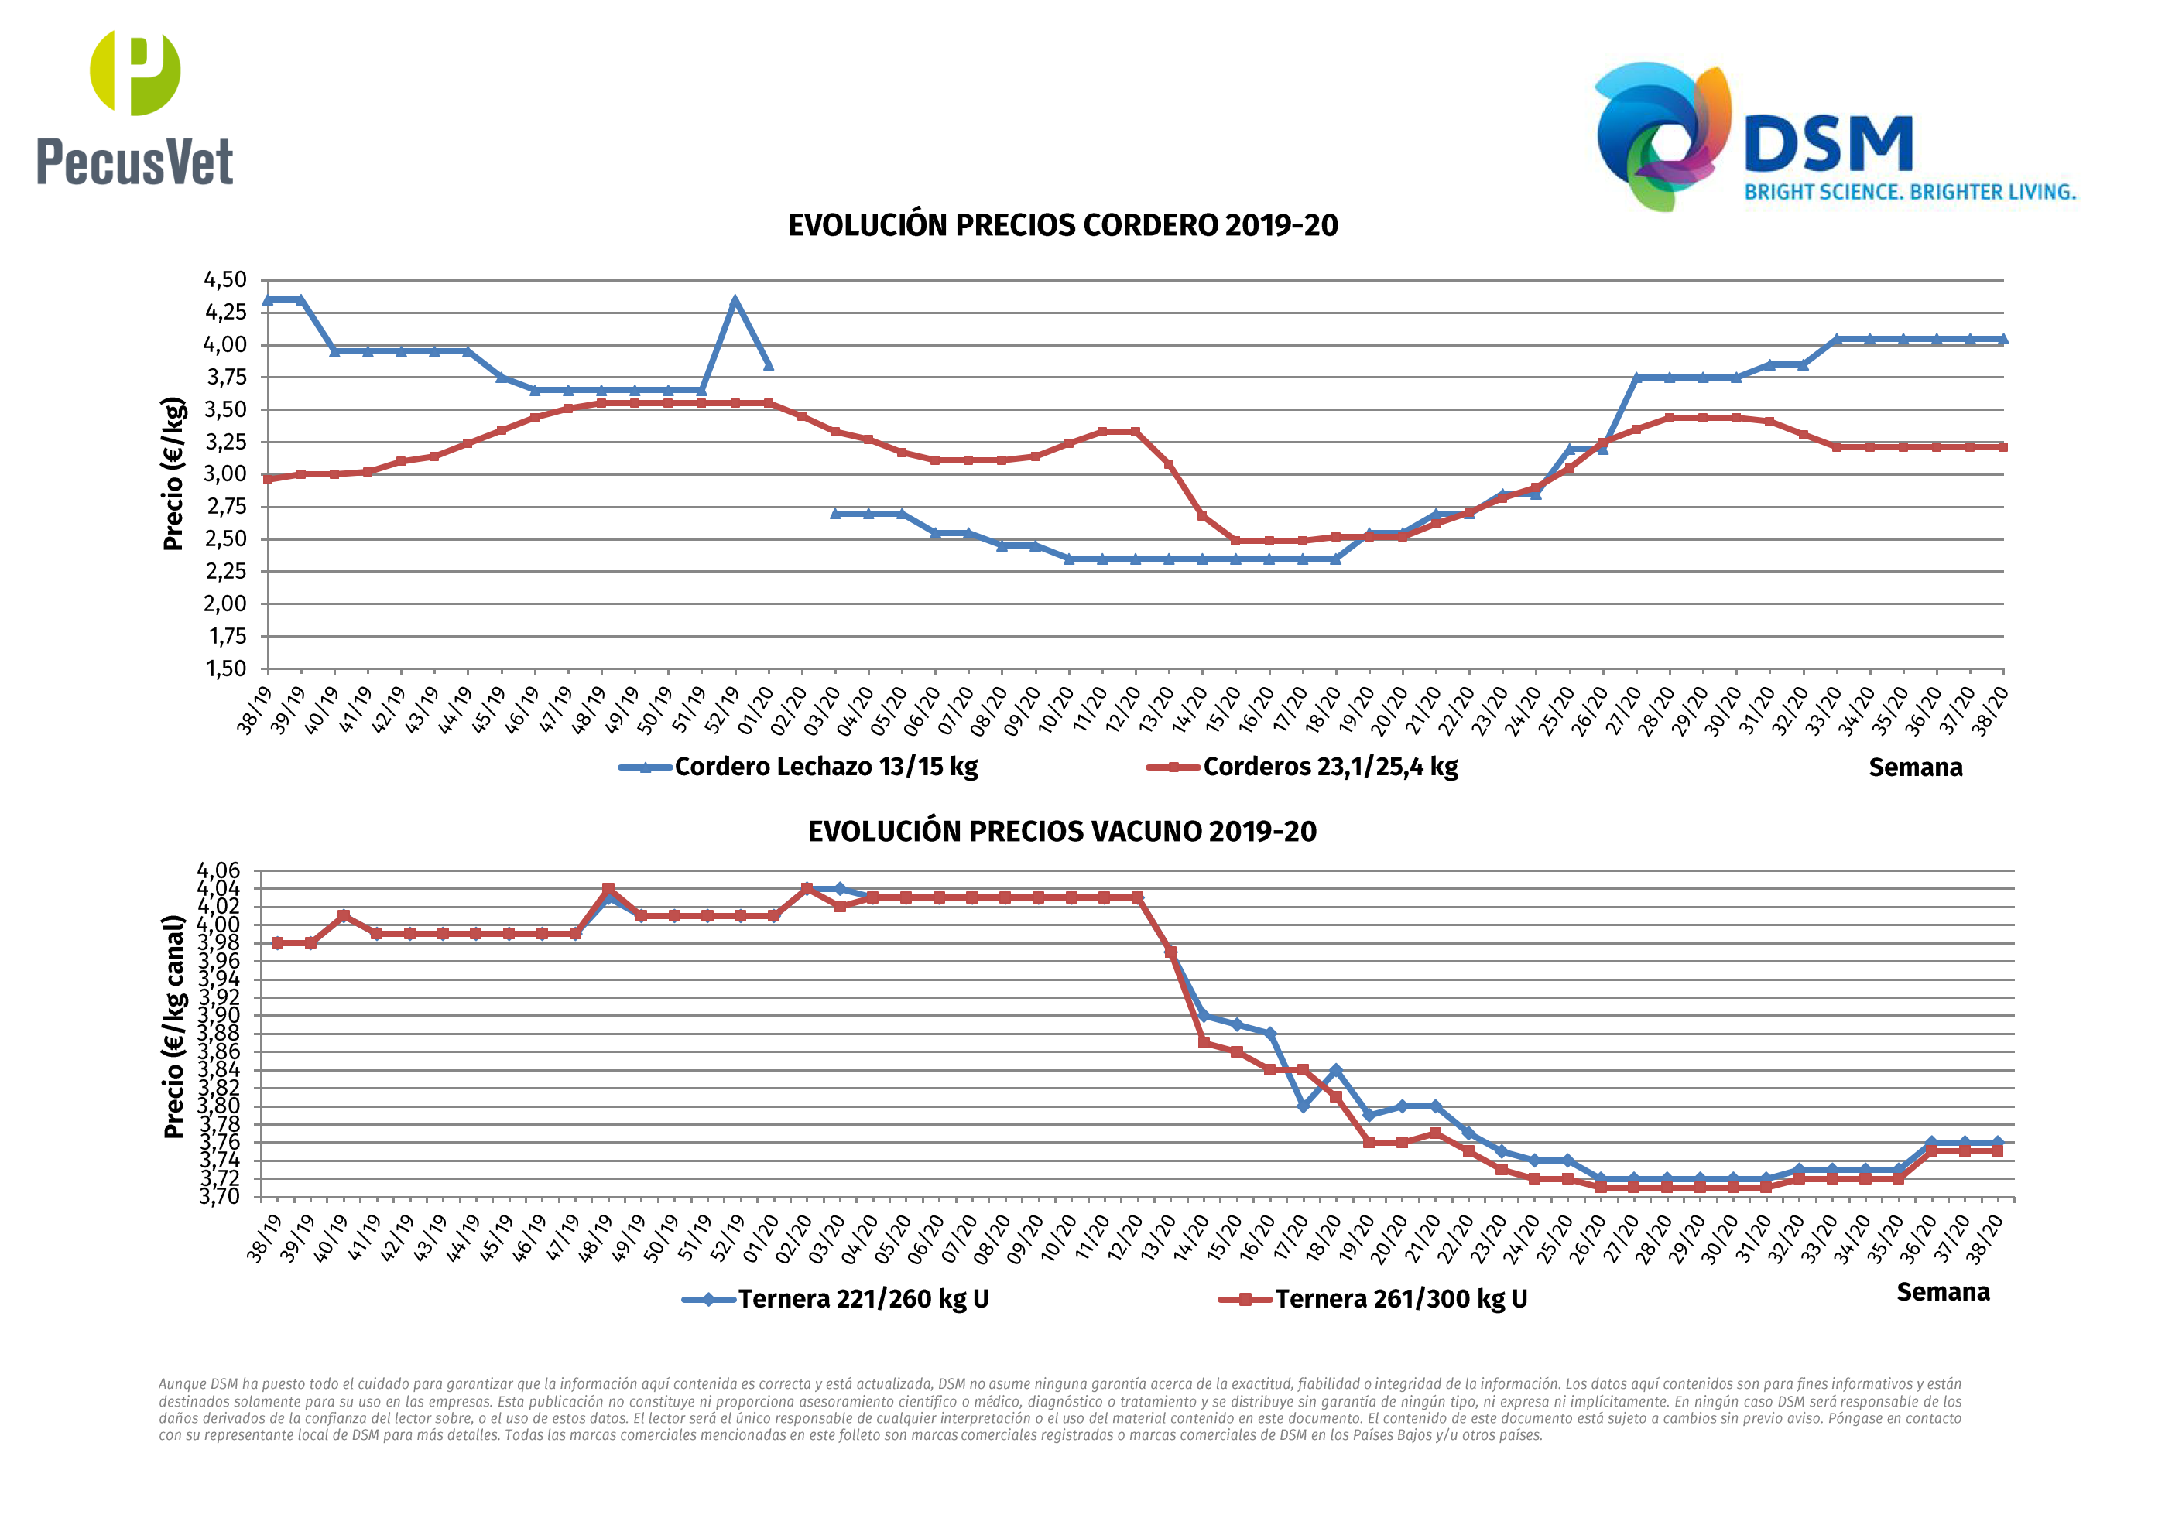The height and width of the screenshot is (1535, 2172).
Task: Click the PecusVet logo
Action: click(x=135, y=109)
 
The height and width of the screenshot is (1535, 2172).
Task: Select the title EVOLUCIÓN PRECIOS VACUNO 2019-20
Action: click(x=1061, y=832)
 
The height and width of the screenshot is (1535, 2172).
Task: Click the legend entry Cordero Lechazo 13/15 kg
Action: click(x=825, y=767)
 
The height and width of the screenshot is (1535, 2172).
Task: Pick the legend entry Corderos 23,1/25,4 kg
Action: click(x=1329, y=767)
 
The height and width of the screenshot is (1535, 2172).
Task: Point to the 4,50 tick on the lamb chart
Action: click(x=225, y=280)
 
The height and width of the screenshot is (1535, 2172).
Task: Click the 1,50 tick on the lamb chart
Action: click(x=225, y=668)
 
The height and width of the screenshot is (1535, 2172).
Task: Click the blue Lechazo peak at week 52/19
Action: click(x=735, y=302)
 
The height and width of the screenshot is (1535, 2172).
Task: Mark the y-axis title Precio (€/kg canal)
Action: click(x=173, y=1026)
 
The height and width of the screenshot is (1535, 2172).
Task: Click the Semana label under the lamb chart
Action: click(x=1915, y=768)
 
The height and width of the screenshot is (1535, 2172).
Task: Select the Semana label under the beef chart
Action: click(x=1942, y=1293)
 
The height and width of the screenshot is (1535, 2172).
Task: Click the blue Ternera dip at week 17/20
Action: click(x=1303, y=1106)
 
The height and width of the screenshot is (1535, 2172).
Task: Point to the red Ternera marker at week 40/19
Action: click(x=344, y=915)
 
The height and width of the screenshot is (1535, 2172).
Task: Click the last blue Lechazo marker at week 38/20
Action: click(x=2002, y=339)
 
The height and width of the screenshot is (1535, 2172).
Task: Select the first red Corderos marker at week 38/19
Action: click(x=268, y=479)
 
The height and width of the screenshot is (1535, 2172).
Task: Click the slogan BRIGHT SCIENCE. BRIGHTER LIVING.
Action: click(x=1910, y=192)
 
